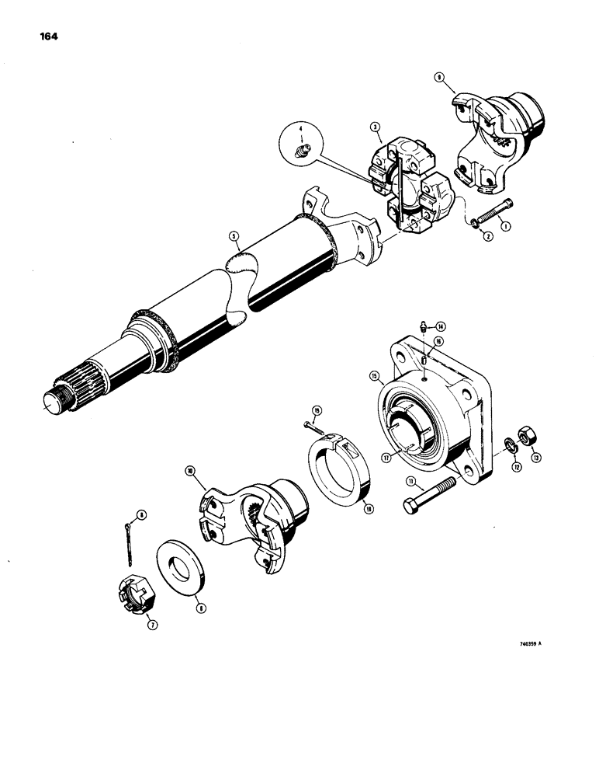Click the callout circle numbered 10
(x=189, y=471)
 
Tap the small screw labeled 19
(x=310, y=426)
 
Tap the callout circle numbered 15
(x=373, y=376)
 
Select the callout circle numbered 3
(x=375, y=125)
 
